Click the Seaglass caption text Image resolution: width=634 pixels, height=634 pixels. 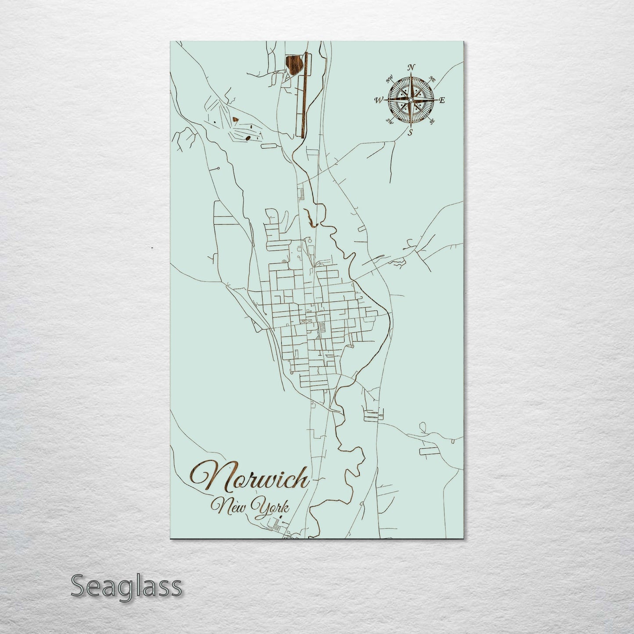pyautogui.click(x=126, y=586)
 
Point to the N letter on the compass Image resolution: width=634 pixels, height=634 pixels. pyautogui.click(x=411, y=67)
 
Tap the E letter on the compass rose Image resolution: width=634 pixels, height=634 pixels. pyautogui.click(x=442, y=100)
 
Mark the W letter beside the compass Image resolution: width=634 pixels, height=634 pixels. pyautogui.click(x=378, y=100)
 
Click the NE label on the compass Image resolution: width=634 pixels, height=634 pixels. pyautogui.click(x=432, y=80)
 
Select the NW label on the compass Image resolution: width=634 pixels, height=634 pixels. pyautogui.click(x=389, y=80)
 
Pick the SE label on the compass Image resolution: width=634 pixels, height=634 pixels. pyautogui.click(x=432, y=121)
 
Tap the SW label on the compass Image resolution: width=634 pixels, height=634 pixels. pyautogui.click(x=389, y=121)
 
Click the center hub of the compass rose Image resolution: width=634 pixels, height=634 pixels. pyautogui.click(x=410, y=100)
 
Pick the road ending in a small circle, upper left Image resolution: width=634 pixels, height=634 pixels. pyautogui.click(x=218, y=168)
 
